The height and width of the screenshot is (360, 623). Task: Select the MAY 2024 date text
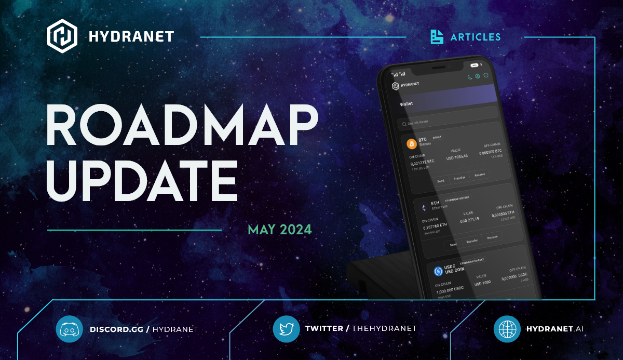[280, 229]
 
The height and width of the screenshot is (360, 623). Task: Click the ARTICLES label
[476, 37]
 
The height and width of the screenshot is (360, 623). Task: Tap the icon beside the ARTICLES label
[437, 37]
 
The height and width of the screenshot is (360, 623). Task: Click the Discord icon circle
[69, 329]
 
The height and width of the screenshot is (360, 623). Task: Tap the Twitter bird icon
[286, 328]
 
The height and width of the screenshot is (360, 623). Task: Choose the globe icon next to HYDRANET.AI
[507, 329]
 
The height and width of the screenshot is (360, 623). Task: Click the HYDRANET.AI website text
[555, 329]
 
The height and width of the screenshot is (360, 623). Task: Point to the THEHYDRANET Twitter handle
[384, 328]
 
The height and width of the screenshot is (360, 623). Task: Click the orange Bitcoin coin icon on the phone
[412, 143]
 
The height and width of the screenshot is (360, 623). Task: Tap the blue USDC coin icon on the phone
[438, 271]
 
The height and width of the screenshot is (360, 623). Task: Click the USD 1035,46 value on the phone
[457, 156]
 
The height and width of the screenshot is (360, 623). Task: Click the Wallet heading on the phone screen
[407, 104]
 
